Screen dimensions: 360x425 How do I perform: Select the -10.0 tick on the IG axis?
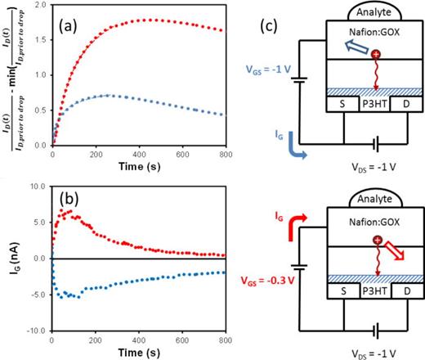34,330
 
